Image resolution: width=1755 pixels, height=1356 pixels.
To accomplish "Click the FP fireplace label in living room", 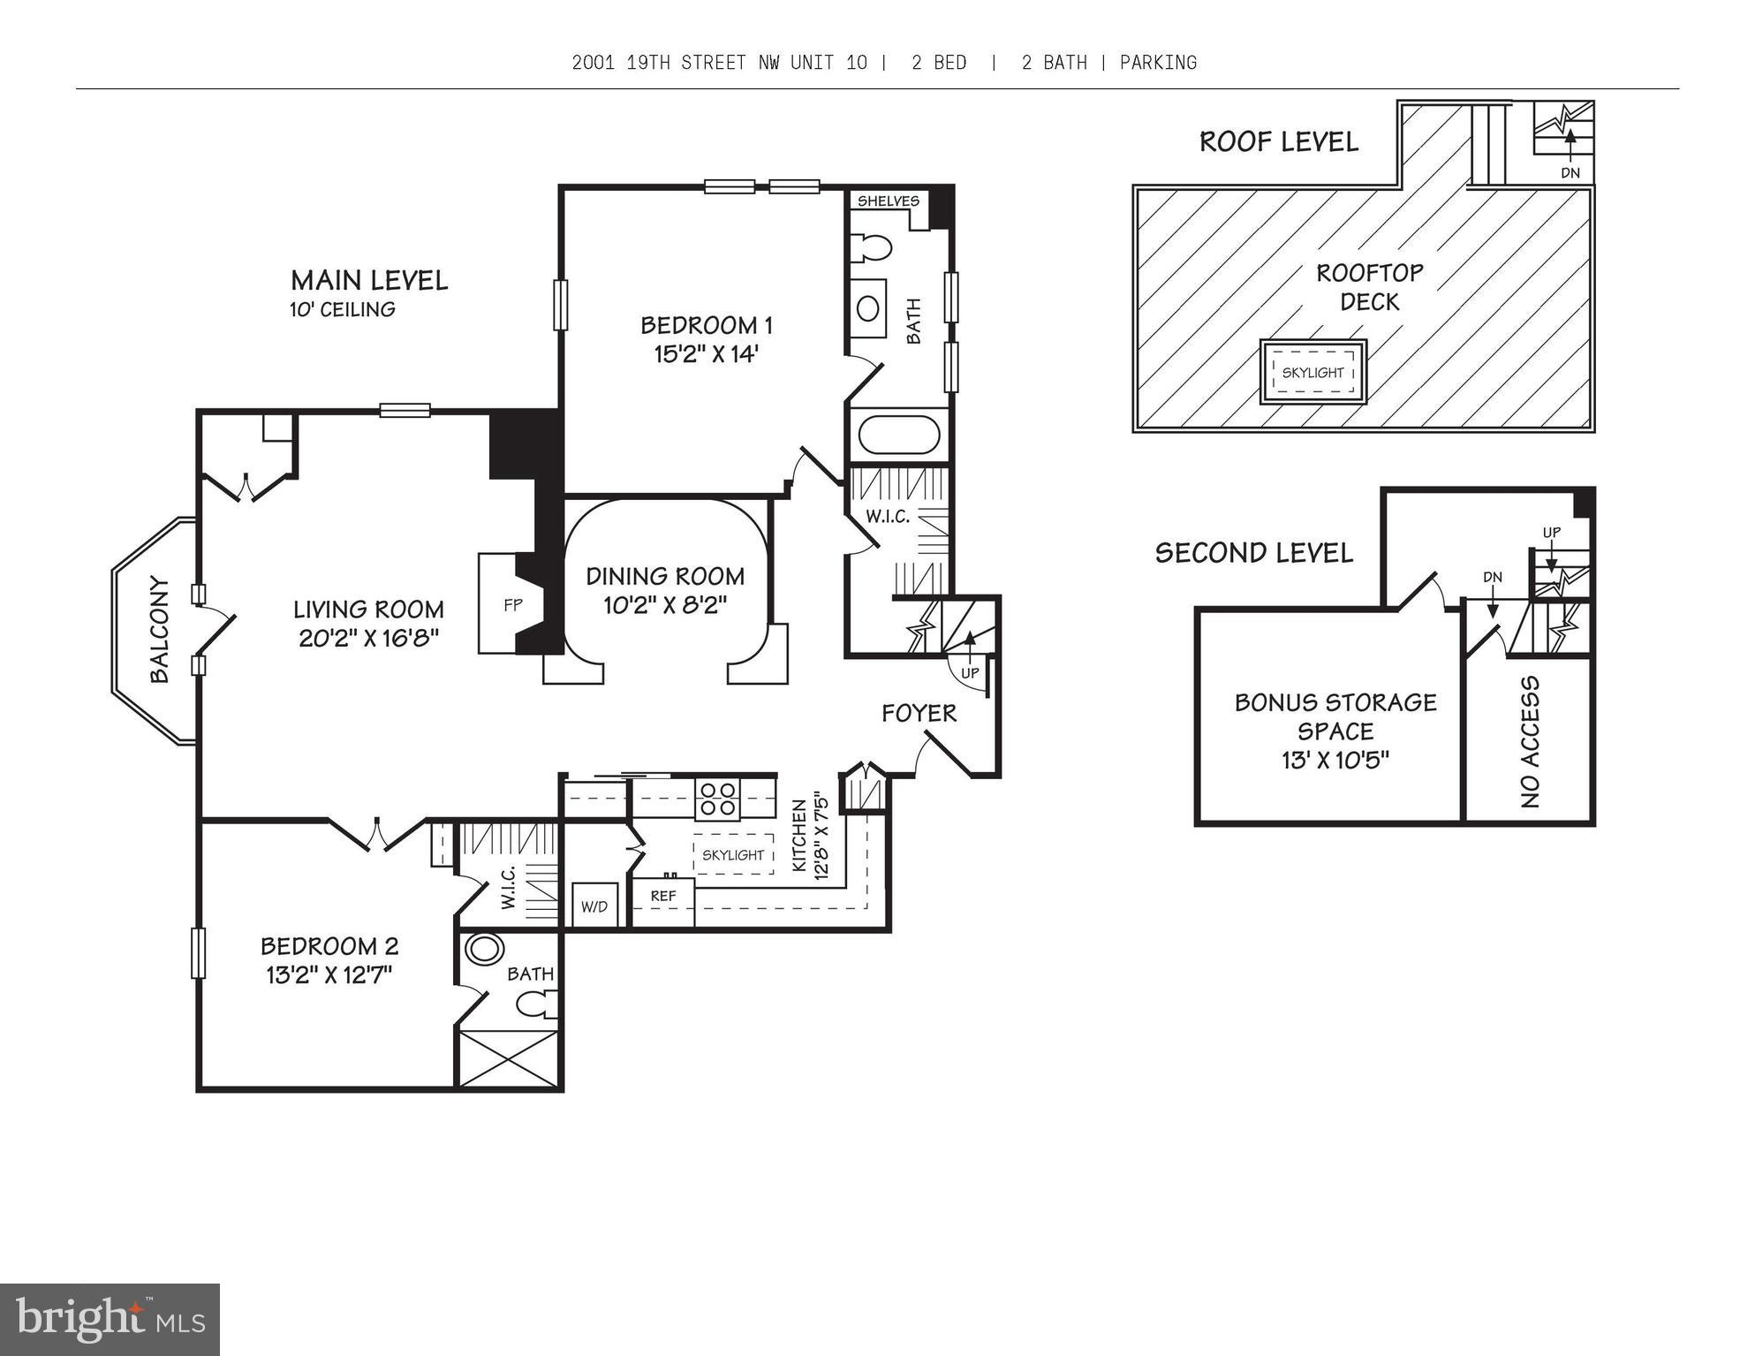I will coord(512,605).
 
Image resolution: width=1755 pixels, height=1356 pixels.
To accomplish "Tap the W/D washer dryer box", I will coord(594,906).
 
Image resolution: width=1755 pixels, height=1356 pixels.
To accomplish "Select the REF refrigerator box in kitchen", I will coord(663,897).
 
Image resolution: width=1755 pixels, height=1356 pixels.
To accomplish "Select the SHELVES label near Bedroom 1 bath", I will coord(888,201).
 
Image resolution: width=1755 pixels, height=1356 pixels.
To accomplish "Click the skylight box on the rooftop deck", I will coord(1312,372).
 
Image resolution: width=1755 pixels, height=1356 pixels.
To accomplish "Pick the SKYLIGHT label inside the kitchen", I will coord(732,854).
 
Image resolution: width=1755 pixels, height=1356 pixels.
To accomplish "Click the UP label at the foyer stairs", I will coord(970,672).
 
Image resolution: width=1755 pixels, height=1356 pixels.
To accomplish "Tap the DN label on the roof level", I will coord(1570,173).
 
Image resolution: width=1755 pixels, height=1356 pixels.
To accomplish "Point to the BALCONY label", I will coord(160,629).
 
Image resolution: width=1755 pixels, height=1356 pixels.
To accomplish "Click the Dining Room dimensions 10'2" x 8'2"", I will coord(664,606).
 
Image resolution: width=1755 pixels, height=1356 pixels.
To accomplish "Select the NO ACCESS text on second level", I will coord(1530,742).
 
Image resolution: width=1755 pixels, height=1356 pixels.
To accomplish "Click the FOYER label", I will coord(919,713).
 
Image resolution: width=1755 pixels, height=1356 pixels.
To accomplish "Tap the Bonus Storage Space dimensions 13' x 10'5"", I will coord(1335,760).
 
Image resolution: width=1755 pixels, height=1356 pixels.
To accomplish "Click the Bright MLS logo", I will coord(110,1319).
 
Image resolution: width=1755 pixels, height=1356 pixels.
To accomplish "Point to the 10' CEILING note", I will coord(342,309).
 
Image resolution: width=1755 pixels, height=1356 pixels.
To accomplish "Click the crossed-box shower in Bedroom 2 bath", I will coord(508,1058).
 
